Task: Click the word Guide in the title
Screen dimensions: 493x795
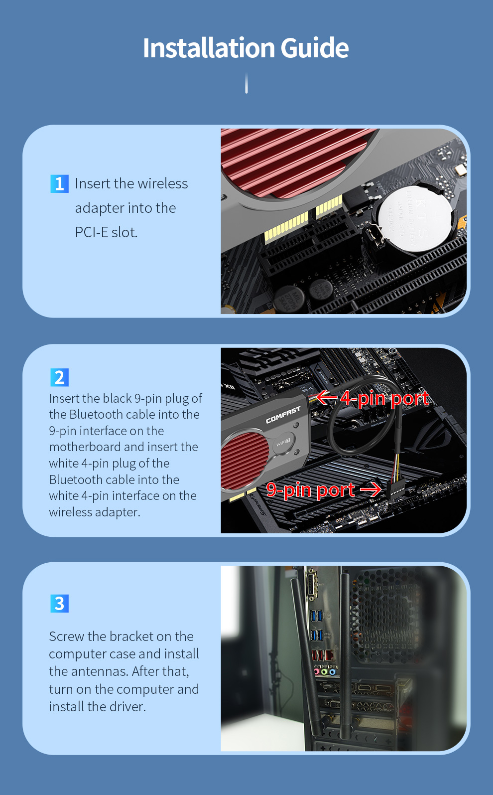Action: (315, 48)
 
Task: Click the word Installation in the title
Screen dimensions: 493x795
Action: (209, 48)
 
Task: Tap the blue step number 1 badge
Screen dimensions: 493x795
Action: (59, 183)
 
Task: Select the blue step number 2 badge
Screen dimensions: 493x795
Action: (59, 377)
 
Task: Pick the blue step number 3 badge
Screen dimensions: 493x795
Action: (59, 603)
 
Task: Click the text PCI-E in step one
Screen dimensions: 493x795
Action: (92, 232)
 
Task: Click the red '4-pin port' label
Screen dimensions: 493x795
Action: (385, 398)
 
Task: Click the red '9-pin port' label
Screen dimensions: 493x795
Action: (310, 490)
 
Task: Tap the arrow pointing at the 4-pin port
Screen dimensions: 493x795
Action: (327, 397)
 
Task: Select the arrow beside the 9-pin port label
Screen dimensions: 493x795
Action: (370, 490)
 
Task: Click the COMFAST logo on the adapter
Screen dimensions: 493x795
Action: (283, 415)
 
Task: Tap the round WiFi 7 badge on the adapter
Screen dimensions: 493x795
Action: (284, 443)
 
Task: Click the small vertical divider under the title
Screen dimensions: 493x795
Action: (246, 83)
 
